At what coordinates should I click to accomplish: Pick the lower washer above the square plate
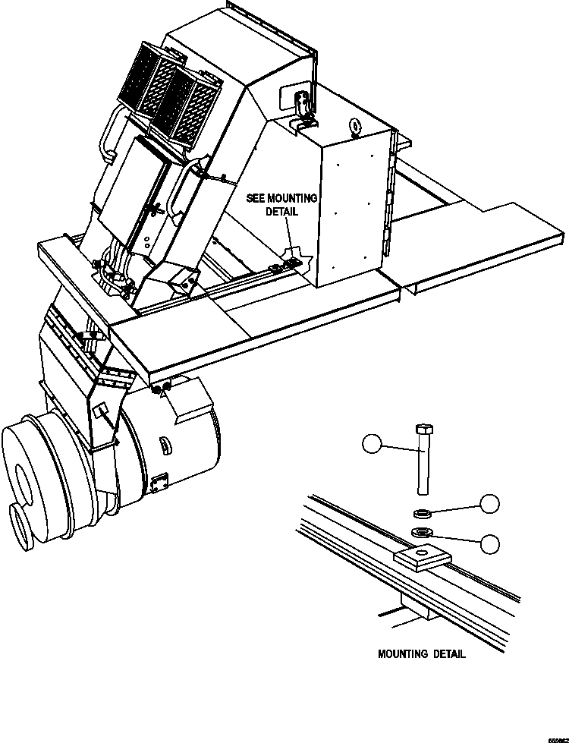tap(424, 531)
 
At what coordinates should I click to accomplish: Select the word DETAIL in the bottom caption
tap(449, 653)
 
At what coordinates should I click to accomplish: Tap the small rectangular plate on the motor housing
tap(159, 481)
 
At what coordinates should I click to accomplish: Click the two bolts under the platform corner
tap(161, 389)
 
